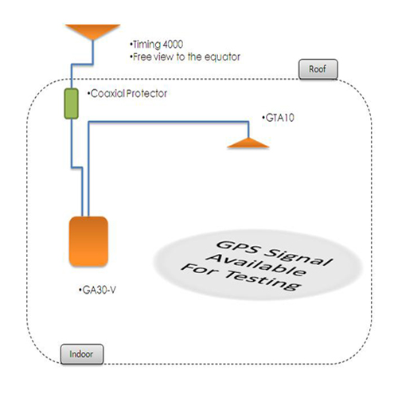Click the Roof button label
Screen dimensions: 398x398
pos(318,69)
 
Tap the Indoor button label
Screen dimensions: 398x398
pos(82,354)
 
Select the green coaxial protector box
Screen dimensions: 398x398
pos(72,103)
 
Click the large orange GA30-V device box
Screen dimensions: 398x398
pos(88,241)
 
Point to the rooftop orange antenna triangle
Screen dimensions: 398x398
pos(93,31)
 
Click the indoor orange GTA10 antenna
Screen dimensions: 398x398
pos(248,142)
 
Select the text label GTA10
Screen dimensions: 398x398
pos(280,118)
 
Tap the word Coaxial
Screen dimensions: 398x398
pos(107,93)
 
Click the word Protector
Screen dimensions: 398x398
pos(146,93)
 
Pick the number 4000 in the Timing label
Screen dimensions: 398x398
pos(173,45)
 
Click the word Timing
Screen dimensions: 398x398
pos(146,45)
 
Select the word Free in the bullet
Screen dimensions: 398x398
pos(142,57)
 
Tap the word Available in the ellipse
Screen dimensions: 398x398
pos(256,265)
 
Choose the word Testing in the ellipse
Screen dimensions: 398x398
pos(263,281)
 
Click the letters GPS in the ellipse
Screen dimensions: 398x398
pos(240,247)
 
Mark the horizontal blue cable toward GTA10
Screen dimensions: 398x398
pos(169,122)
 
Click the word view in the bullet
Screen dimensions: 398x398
pos(163,57)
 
